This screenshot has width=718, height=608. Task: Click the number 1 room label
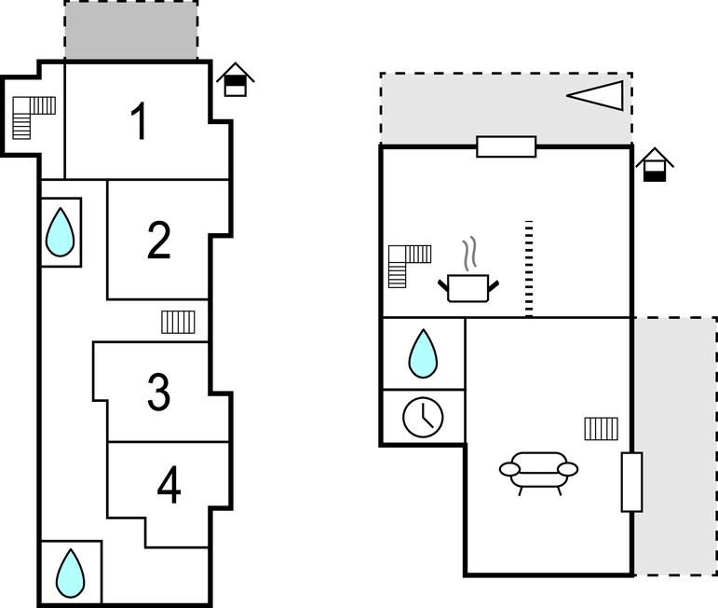(139, 122)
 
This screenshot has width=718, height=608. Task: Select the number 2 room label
(159, 241)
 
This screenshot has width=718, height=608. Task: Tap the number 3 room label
(159, 393)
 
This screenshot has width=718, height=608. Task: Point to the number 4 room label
(169, 485)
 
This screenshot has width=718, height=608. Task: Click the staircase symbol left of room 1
(34, 117)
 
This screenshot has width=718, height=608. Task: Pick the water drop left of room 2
(61, 231)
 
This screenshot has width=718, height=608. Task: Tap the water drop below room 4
(70, 573)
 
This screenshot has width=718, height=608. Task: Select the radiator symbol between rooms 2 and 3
(178, 322)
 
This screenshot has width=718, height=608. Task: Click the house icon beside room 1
(236, 80)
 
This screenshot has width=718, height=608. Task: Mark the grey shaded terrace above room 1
(130, 31)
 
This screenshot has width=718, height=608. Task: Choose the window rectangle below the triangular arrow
(506, 146)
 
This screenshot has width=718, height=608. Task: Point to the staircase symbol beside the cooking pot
(410, 264)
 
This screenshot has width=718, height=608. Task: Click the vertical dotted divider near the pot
(528, 269)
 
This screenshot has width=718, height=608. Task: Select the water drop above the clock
(424, 353)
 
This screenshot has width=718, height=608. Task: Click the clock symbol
(423, 416)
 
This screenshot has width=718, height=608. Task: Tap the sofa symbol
(538, 470)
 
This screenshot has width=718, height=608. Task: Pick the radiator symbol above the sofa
(602, 428)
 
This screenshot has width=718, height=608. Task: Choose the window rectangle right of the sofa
(631, 482)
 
